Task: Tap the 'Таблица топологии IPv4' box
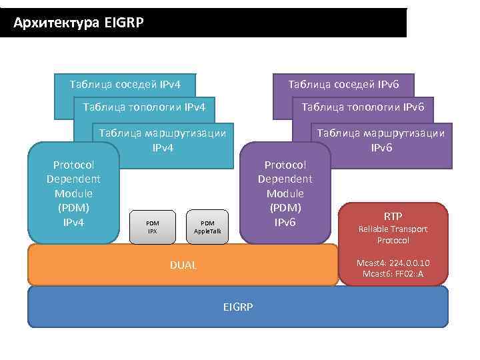click(x=143, y=107)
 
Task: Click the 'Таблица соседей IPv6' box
click(x=343, y=85)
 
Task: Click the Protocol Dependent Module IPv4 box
click(x=73, y=193)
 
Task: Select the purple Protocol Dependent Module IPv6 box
click(x=285, y=193)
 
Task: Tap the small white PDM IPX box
click(x=152, y=227)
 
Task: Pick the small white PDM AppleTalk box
click(x=207, y=227)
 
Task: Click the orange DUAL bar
click(x=100, y=265)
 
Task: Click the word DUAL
click(x=183, y=265)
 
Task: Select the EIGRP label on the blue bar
click(x=238, y=306)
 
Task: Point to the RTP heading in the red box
click(x=393, y=215)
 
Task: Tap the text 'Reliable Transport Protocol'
click(x=393, y=234)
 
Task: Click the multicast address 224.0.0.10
click(x=406, y=263)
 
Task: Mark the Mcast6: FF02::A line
click(x=393, y=273)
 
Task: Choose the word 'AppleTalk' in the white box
click(x=207, y=231)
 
